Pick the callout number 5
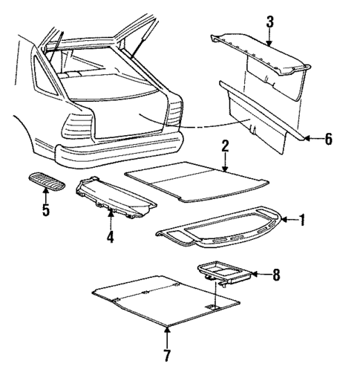click(45, 211)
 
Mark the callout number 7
click(166, 355)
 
